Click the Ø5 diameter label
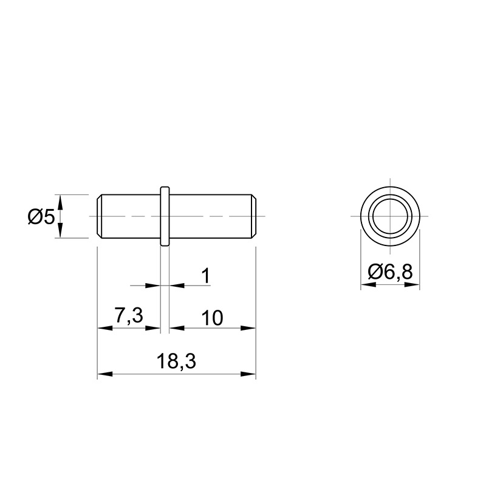(x=41, y=217)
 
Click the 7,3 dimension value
(x=129, y=315)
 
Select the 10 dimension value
(x=212, y=318)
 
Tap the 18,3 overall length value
(x=176, y=361)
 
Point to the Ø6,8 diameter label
(x=390, y=272)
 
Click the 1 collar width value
(x=206, y=276)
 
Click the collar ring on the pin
(x=165, y=216)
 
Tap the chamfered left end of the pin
(x=99, y=216)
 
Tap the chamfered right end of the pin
(x=253, y=216)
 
